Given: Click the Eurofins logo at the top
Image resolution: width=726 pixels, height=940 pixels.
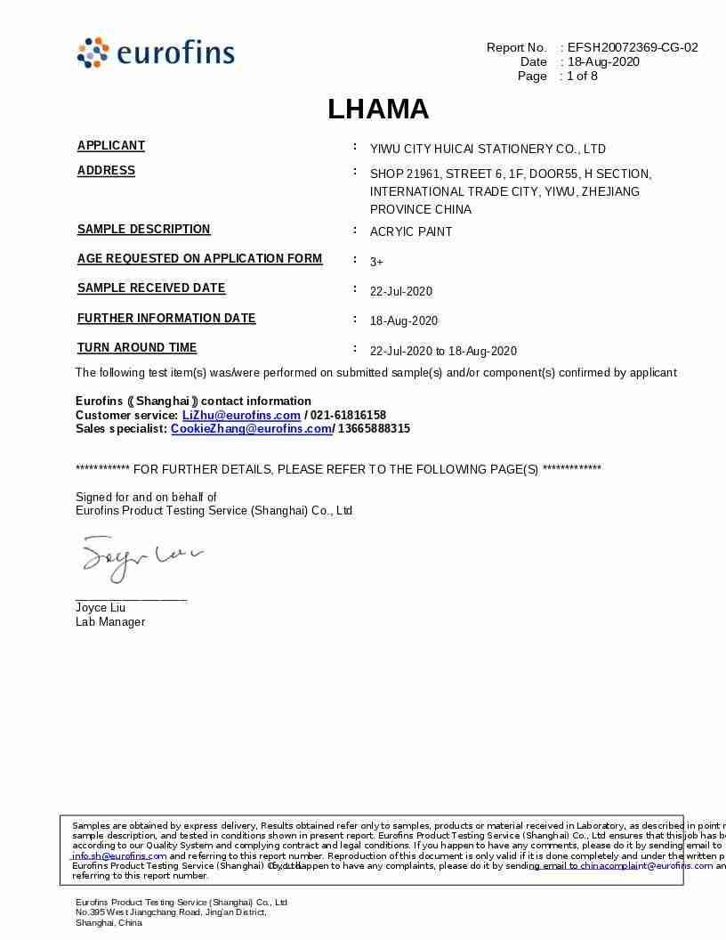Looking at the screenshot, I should pyautogui.click(x=156, y=53).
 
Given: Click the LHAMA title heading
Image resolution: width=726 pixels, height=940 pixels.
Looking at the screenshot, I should pyautogui.click(x=378, y=109).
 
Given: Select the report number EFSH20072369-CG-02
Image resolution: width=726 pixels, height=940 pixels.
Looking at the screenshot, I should pyautogui.click(x=633, y=47).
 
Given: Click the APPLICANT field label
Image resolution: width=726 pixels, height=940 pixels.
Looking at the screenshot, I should pyautogui.click(x=111, y=146).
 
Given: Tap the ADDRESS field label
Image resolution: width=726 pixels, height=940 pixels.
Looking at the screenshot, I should pyautogui.click(x=107, y=171).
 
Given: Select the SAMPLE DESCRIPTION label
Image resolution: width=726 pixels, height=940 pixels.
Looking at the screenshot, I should pyautogui.click(x=144, y=230).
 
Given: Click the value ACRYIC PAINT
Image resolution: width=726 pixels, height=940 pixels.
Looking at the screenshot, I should pyautogui.click(x=411, y=231).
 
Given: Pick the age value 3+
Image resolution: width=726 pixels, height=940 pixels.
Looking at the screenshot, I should pyautogui.click(x=376, y=262).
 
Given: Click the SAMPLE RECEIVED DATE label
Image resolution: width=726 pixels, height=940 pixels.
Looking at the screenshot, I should pyautogui.click(x=151, y=288).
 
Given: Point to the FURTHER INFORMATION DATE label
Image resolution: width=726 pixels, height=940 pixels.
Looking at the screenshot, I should pyautogui.click(x=166, y=319).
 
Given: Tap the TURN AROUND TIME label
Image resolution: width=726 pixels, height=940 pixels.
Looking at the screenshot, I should pyautogui.click(x=137, y=348).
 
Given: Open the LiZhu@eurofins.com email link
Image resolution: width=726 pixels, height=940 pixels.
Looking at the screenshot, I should pyautogui.click(x=241, y=415).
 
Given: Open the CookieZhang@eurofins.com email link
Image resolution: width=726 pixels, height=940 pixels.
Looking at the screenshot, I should pyautogui.click(x=251, y=428).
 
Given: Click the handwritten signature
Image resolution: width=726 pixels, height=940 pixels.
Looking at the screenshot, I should pyautogui.click(x=140, y=557).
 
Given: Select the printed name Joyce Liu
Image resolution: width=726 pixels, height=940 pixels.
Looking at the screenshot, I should pyautogui.click(x=101, y=608).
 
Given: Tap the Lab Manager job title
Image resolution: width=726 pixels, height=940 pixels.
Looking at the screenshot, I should pyautogui.click(x=110, y=621).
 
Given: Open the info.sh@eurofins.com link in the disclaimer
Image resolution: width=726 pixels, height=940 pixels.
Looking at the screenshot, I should pyautogui.click(x=119, y=855).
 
